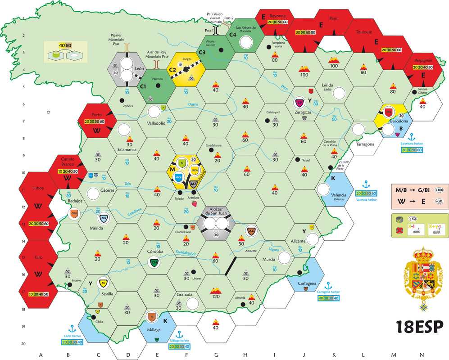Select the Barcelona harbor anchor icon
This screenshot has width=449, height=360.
411,136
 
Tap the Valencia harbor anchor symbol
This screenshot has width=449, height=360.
366,184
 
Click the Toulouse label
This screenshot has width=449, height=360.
363,32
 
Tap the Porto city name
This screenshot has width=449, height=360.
96,114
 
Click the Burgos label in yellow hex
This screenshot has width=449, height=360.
188,58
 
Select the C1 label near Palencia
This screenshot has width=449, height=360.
143,85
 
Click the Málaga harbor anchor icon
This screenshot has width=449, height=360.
179,335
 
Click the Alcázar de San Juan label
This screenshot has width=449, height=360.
217,211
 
